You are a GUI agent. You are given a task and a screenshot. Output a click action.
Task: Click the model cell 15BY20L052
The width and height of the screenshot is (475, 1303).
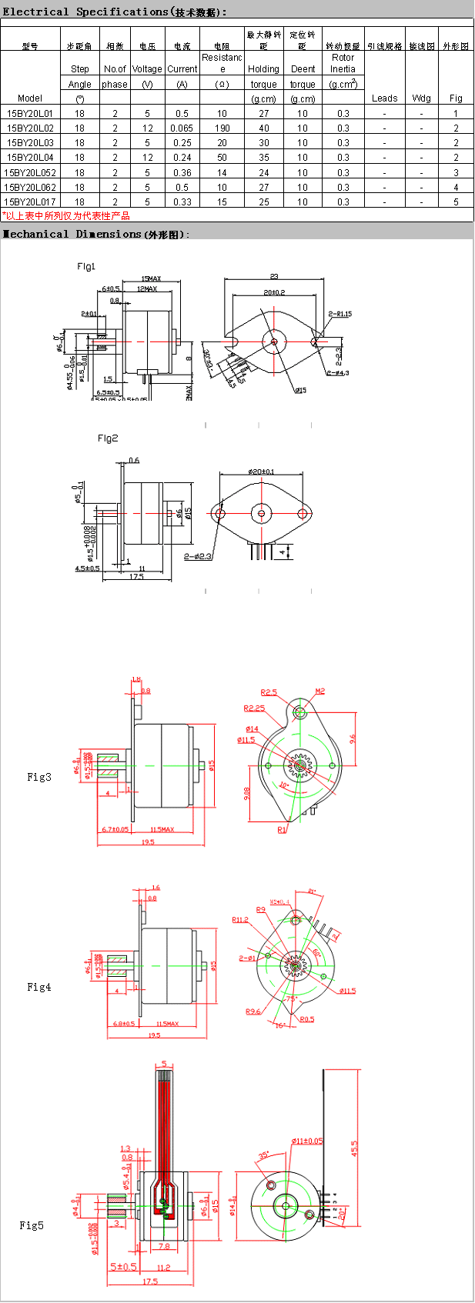coord(31,172)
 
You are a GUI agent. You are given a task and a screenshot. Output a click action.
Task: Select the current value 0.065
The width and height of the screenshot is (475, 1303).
coord(182,128)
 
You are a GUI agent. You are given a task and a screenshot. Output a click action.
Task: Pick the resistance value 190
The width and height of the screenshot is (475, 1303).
coord(222,128)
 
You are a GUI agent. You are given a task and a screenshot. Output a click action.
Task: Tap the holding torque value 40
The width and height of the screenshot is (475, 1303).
coord(263,128)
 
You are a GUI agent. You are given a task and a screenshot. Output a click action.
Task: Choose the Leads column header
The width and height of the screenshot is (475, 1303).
coord(384,98)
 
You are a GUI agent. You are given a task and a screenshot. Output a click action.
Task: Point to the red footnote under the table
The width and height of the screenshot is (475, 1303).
coord(66,216)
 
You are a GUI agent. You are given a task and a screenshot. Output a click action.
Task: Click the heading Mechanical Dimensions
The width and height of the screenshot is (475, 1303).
coord(96,234)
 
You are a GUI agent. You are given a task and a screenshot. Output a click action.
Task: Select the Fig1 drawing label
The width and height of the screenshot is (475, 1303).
coord(86,266)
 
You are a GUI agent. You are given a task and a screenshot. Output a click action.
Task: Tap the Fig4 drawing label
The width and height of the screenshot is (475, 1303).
coord(38,987)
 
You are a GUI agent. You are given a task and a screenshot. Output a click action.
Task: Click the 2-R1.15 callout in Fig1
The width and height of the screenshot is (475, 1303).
coord(340,314)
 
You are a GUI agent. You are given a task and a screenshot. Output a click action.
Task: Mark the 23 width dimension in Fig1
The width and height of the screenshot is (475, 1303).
coord(274,277)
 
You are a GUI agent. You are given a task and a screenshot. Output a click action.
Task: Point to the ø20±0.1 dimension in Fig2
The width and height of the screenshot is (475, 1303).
coord(261,472)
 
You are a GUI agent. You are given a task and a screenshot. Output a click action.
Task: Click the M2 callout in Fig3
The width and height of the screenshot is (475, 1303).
coord(319,691)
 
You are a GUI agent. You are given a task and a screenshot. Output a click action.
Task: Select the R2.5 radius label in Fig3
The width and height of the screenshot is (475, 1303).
coord(269,692)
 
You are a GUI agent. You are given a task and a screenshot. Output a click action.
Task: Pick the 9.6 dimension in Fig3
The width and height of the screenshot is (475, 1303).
coord(353,739)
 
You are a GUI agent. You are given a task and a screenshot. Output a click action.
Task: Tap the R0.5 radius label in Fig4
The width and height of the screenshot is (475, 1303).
coord(307,1019)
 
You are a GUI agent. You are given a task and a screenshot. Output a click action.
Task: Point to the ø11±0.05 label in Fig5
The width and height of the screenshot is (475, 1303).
coord(307,1141)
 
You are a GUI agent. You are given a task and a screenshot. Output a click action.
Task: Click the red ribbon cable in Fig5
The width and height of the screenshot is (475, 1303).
coord(163,1115)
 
